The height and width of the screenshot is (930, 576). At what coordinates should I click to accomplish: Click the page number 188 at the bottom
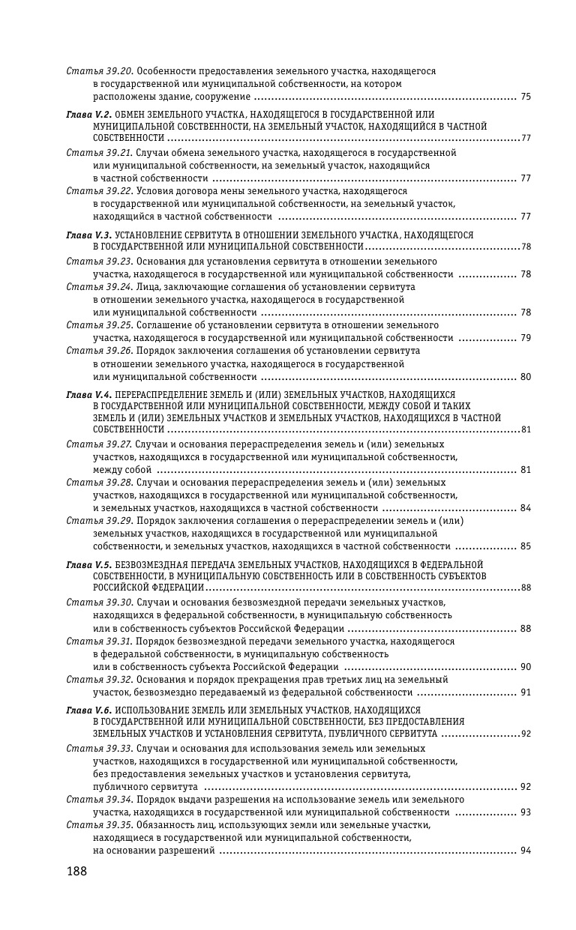coord(76,872)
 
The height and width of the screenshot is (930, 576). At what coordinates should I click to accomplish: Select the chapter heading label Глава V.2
coord(89,113)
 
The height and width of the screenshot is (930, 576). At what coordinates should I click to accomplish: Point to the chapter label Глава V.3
coord(89,235)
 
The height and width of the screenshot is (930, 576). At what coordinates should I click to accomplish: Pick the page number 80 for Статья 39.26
coord(525,377)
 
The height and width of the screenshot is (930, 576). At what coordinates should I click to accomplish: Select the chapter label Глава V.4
coord(89,394)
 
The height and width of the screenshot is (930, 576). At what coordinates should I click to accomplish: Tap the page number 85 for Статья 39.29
coord(525,546)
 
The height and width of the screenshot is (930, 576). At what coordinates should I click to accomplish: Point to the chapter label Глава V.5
coord(89,564)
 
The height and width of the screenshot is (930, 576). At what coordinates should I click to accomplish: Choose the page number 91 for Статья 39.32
coord(525,692)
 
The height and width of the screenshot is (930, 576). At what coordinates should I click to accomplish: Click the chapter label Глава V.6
coord(89,710)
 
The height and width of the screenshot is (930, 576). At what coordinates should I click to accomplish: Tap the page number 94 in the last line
coord(525,851)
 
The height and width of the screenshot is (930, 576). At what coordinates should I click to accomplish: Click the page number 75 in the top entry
coord(525,97)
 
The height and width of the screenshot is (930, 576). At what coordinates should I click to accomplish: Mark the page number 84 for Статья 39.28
coord(525,508)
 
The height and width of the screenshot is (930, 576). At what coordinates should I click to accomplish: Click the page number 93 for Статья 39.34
coord(525,812)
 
